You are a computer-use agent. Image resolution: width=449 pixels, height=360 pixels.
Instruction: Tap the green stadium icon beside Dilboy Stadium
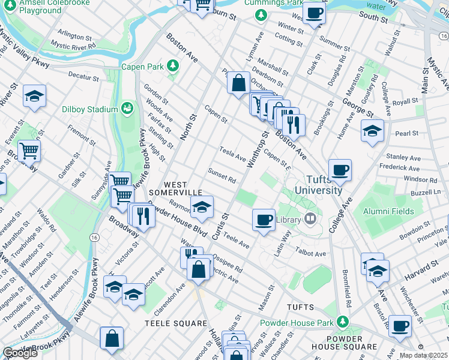coord(127,109)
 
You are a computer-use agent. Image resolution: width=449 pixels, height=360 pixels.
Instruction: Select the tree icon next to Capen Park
coord(173,65)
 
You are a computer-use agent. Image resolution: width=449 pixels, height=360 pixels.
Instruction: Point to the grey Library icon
coord(310,219)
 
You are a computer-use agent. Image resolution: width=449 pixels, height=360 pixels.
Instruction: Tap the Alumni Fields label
coord(388,211)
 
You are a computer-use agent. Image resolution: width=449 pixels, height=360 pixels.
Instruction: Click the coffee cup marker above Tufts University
coord(340,170)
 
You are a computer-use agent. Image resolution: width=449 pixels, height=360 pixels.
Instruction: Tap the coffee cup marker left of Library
coord(264,220)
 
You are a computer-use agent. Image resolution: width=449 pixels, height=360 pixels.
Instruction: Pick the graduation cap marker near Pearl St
coord(372,131)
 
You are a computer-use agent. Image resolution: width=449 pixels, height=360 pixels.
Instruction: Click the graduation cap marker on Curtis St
coord(202,207)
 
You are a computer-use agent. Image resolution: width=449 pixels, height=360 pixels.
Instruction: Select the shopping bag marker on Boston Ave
coord(238,83)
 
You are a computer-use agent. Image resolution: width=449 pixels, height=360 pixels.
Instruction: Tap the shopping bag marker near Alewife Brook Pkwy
coord(112,338)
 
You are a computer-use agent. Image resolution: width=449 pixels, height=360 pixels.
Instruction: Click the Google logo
coord(20,353)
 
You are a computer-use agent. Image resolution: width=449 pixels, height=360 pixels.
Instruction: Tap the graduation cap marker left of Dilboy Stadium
coord(35,96)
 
